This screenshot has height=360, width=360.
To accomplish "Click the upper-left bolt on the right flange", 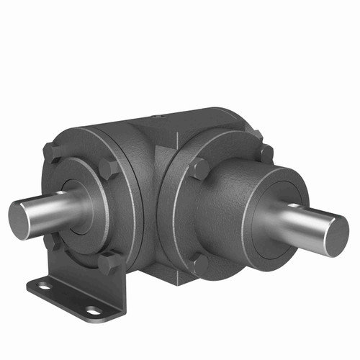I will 199,170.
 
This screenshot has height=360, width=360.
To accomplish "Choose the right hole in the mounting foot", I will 93,310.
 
